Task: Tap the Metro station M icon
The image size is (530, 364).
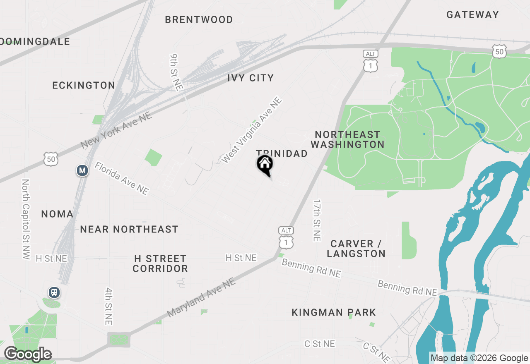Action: click(x=82, y=170)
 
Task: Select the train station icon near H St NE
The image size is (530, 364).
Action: click(x=54, y=292)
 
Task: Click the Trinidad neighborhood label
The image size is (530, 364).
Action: click(x=282, y=153)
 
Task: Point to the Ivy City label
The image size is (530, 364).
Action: click(x=251, y=78)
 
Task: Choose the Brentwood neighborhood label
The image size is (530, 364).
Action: click(x=199, y=19)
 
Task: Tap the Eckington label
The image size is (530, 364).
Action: click(x=84, y=85)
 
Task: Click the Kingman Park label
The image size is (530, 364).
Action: click(x=334, y=312)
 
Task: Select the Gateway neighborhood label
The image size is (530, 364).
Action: click(x=472, y=14)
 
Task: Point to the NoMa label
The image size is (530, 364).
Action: click(x=57, y=214)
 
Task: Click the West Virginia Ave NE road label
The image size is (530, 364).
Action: click(x=251, y=130)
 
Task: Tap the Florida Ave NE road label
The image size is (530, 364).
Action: click(x=121, y=178)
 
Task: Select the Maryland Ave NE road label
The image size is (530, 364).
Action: click(x=201, y=298)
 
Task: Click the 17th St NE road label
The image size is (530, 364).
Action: click(x=317, y=220)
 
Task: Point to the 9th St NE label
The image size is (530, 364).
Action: click(x=176, y=72)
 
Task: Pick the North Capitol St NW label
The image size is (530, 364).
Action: click(x=26, y=219)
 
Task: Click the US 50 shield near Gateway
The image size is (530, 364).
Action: click(x=500, y=51)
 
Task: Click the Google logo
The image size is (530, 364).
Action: click(x=28, y=354)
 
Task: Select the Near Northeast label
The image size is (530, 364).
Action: click(x=129, y=229)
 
